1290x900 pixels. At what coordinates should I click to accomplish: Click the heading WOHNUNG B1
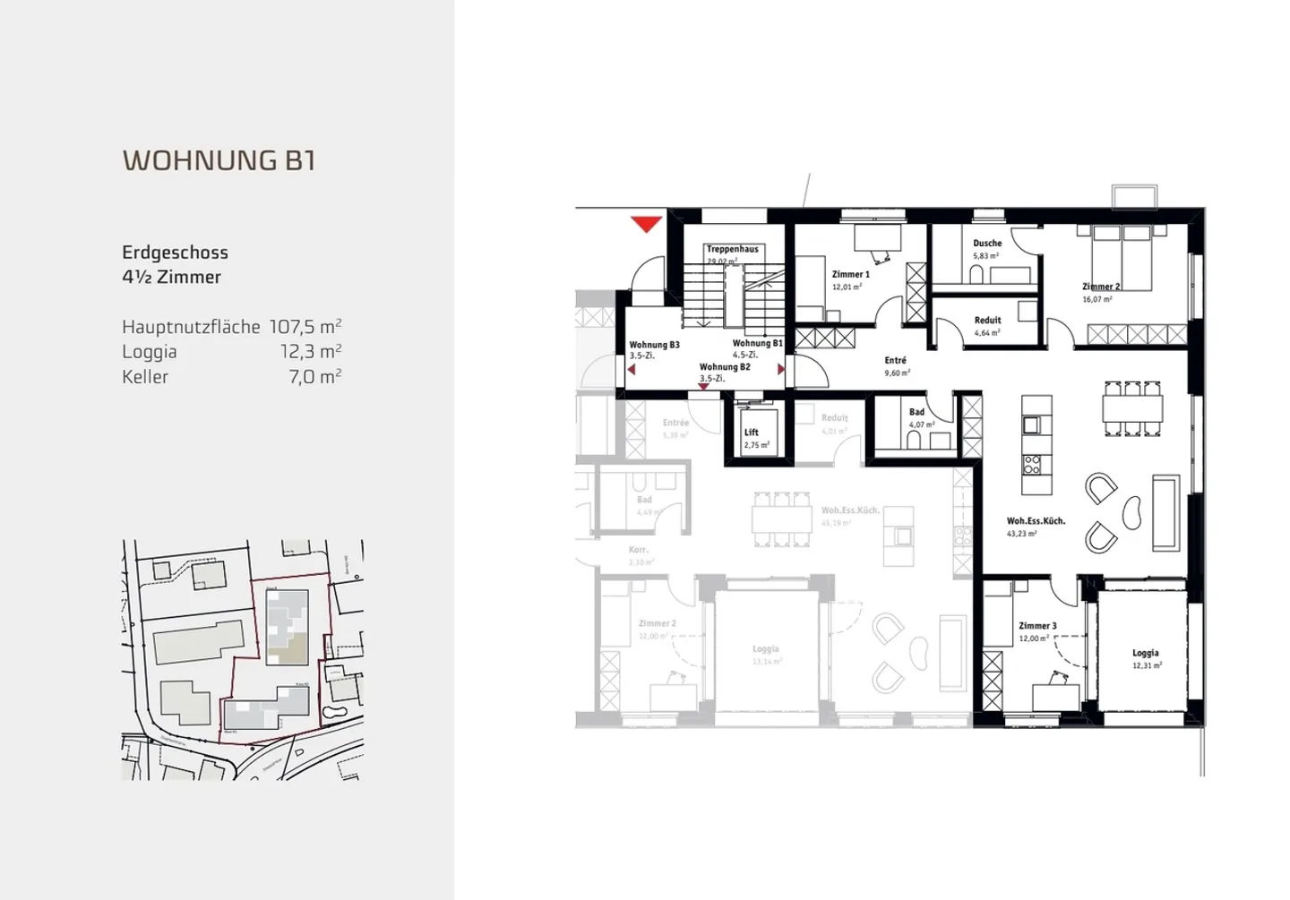(219, 160)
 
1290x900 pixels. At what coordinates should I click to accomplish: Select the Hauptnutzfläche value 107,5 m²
(305, 327)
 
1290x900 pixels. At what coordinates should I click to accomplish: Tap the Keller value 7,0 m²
(314, 377)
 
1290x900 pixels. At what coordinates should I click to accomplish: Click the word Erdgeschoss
(175, 253)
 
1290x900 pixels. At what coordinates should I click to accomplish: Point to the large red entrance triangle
(646, 224)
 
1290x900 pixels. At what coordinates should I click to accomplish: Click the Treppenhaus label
(732, 250)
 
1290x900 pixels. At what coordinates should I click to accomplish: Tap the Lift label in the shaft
(752, 433)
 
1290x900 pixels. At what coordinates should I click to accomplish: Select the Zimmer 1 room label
(850, 275)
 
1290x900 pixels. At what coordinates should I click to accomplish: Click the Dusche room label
(987, 244)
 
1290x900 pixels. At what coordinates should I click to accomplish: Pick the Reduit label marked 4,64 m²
(987, 321)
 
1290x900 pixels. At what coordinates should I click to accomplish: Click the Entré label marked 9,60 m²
(895, 361)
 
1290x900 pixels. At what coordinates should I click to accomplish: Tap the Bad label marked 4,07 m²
(916, 413)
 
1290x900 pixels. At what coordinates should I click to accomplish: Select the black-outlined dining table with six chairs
(1133, 409)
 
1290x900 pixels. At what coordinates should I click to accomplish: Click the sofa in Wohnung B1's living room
(1165, 513)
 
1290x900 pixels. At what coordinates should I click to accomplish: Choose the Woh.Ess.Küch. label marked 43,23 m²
(1036, 521)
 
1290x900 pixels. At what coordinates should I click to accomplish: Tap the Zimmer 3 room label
(1037, 626)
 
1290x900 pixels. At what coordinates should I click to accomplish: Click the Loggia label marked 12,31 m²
(1145, 654)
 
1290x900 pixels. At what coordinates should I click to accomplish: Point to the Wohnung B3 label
(654, 345)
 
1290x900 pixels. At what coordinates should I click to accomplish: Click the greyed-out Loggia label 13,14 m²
(765, 649)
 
